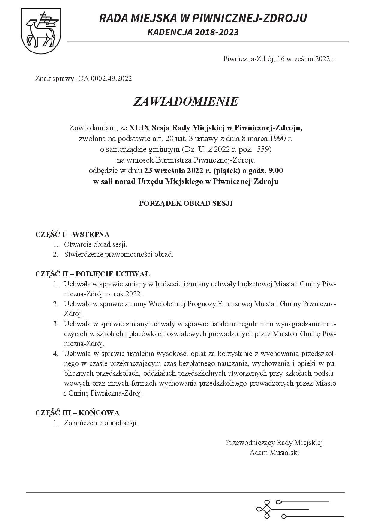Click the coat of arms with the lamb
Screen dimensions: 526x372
pyautogui.click(x=41, y=31)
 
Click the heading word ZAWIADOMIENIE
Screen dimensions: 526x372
pyautogui.click(x=186, y=102)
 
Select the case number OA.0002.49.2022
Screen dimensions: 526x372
pyautogui.click(x=105, y=79)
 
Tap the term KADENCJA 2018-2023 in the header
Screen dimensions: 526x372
pyautogui.click(x=193, y=32)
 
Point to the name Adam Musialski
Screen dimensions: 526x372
pyautogui.click(x=274, y=453)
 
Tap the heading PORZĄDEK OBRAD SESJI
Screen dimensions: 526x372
pyautogui.click(x=186, y=203)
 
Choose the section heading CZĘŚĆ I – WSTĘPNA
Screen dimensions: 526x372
pyautogui.click(x=72, y=235)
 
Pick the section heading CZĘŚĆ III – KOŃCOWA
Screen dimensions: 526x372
pyautogui.click(x=77, y=413)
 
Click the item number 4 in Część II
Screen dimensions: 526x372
pyautogui.click(x=55, y=354)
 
